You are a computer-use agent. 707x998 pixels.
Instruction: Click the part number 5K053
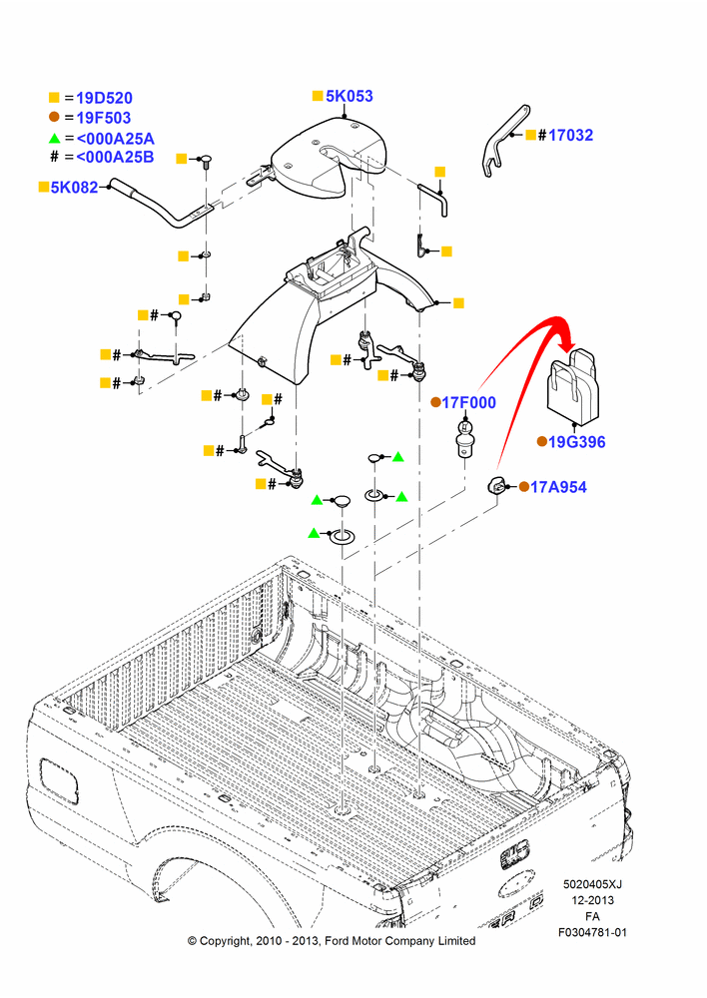tap(350, 96)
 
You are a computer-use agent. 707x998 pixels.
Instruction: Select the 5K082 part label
tap(75, 188)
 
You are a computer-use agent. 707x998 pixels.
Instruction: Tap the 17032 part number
tap(571, 135)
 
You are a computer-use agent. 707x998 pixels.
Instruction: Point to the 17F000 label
tap(468, 402)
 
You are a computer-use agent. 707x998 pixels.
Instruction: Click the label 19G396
tap(577, 442)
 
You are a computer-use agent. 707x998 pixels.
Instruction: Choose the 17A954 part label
tap(558, 487)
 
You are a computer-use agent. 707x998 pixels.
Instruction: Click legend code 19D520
tap(105, 98)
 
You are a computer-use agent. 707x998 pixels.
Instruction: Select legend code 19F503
tap(104, 118)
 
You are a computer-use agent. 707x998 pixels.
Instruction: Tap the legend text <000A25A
tap(115, 138)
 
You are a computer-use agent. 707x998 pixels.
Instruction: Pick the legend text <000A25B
tap(115, 157)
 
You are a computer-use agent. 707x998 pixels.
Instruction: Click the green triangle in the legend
tap(54, 138)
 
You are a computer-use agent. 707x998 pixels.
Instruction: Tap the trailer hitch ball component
tap(465, 437)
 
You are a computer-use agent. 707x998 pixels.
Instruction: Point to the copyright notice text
tap(332, 941)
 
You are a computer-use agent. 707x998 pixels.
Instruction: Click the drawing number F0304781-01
tap(592, 932)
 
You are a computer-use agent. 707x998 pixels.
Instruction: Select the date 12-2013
tap(592, 900)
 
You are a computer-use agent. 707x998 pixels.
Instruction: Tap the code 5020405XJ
tap(592, 884)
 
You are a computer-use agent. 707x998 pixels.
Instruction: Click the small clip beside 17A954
tap(496, 486)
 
